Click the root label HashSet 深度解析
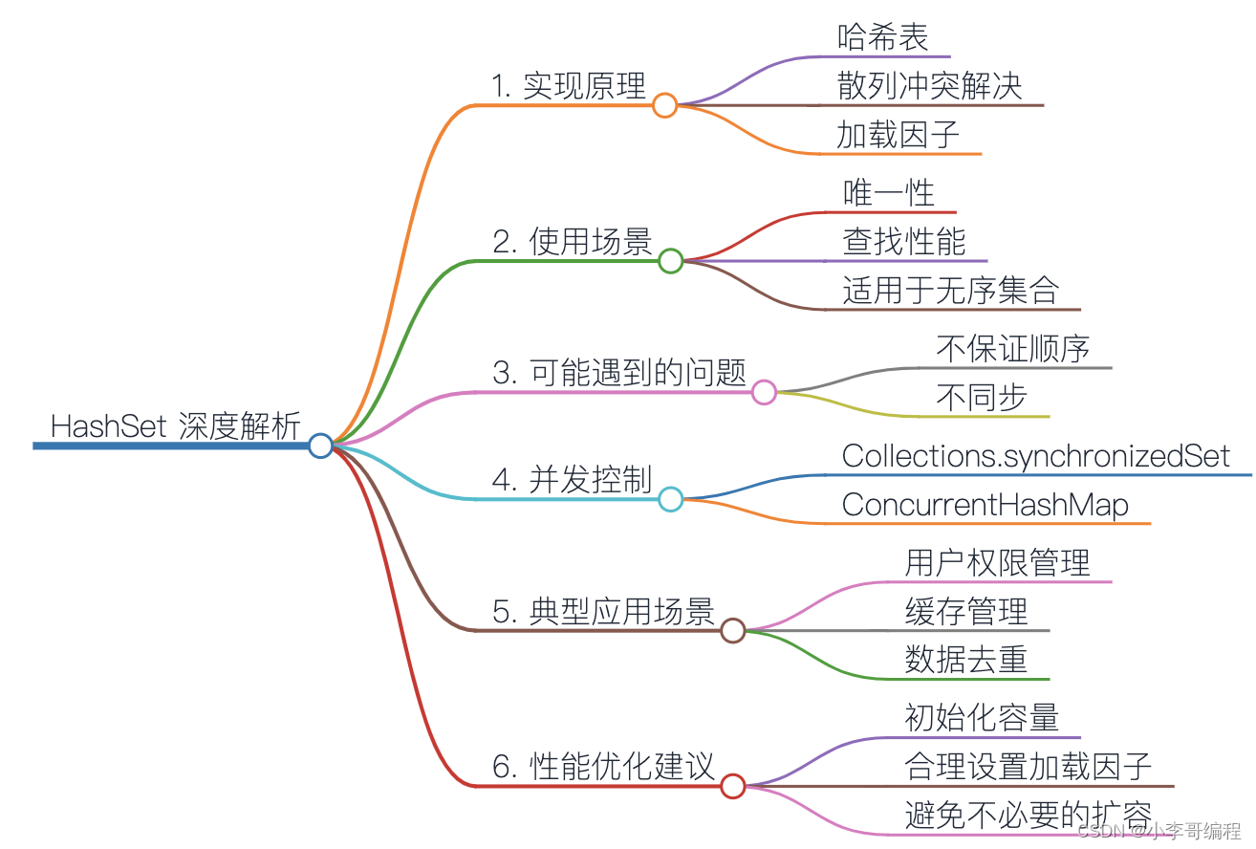tap(176, 426)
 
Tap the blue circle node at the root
tap(320, 446)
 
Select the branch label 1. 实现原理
tap(569, 87)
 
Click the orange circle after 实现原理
tap(665, 105)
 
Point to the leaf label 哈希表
tap(883, 37)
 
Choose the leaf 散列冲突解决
tap(930, 86)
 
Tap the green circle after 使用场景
tap(671, 260)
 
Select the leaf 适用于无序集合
tap(951, 291)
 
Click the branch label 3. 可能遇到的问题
tap(619, 373)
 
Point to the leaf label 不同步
tap(982, 398)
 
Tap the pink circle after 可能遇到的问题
tap(764, 392)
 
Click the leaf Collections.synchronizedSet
tap(1036, 456)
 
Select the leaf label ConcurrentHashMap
tap(985, 505)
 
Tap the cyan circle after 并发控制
tap(671, 499)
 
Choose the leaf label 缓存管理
tap(966, 611)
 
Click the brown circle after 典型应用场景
tap(733, 630)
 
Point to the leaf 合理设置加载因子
tap(1029, 767)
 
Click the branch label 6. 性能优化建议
tap(604, 767)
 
